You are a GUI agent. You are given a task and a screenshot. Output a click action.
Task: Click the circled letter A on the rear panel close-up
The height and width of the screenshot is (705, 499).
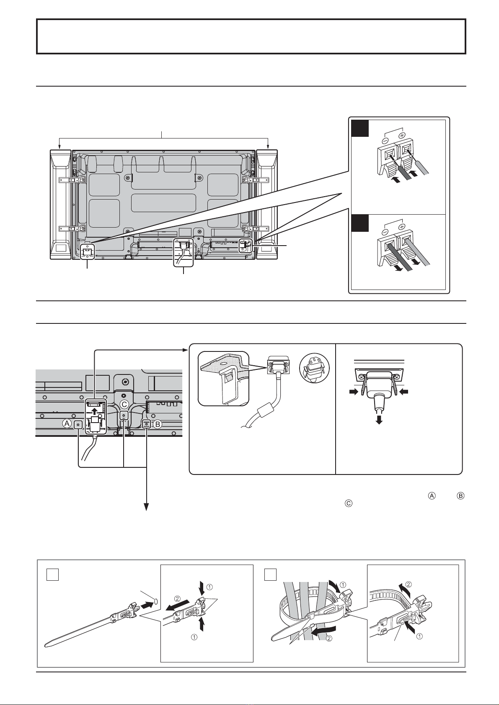click(67, 424)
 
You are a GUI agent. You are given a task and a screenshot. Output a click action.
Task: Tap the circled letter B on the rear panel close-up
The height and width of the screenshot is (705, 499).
click(157, 424)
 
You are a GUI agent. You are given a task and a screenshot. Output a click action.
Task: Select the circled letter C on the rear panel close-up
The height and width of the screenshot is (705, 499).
click(125, 404)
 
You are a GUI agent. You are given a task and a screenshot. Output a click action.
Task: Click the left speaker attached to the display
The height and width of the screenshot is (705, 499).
click(60, 205)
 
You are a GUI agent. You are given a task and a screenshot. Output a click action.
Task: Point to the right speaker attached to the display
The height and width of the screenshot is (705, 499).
click(267, 205)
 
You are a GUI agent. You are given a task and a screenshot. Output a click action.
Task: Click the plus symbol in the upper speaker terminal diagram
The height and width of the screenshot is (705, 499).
click(402, 136)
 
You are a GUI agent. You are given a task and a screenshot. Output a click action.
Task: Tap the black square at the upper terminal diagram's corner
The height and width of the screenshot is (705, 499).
click(360, 128)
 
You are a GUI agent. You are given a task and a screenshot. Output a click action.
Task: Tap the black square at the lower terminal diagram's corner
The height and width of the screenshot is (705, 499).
click(360, 223)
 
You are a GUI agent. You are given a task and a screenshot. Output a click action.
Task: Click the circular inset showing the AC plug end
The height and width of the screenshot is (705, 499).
click(314, 367)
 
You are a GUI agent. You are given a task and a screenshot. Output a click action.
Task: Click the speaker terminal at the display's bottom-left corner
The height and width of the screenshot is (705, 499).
click(87, 251)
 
